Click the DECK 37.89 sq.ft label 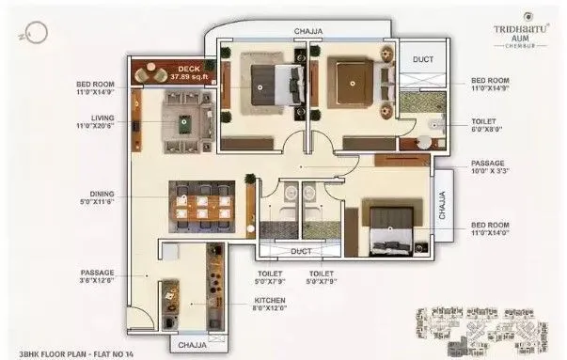(187, 72)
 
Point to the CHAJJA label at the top (308, 31)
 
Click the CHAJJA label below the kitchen (193, 345)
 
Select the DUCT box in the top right (424, 59)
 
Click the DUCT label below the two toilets (302, 252)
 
